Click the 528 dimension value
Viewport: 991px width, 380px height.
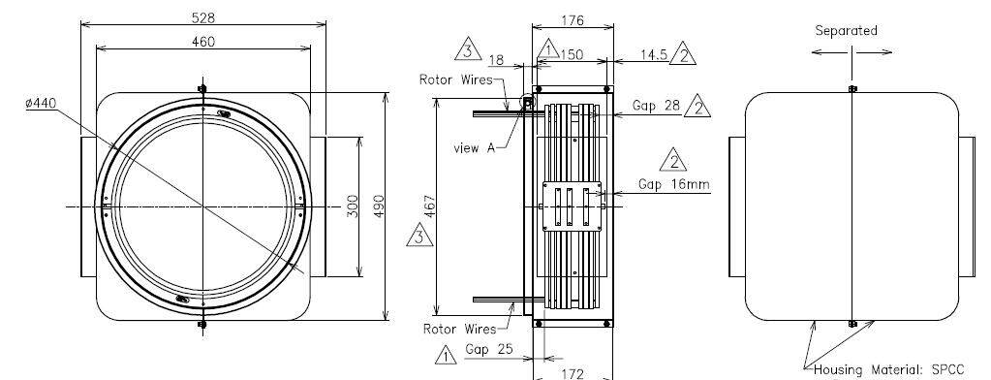pos(202,17)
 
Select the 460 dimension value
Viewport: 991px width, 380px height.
pos(202,42)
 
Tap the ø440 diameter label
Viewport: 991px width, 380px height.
pos(41,103)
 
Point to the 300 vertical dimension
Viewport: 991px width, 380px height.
pos(353,206)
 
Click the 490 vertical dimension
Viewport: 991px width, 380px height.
pos(379,206)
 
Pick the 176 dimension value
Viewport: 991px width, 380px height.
pos(573,21)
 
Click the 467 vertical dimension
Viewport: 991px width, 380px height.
pos(430,206)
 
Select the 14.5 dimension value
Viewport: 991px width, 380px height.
pos(654,55)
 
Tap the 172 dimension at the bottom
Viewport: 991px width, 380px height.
pos(573,373)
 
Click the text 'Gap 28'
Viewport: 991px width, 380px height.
pos(657,107)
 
